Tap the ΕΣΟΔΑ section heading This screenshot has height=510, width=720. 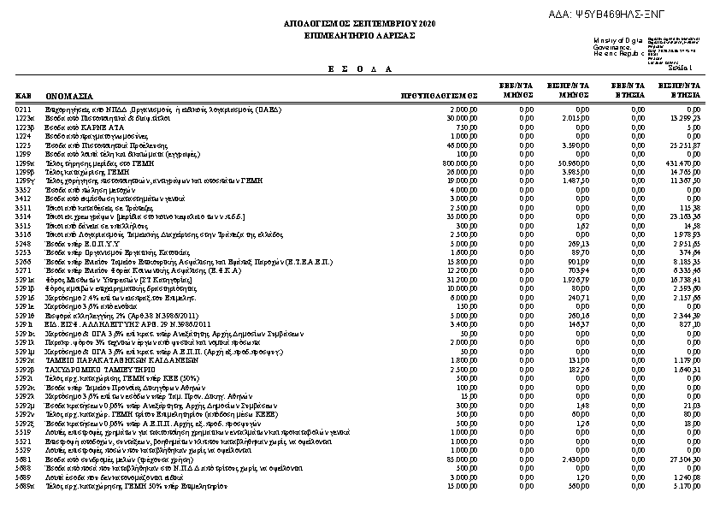(x=359, y=68)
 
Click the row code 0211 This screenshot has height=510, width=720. (x=23, y=110)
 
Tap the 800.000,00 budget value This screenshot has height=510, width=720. (x=460, y=162)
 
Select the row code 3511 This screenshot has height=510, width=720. (x=23, y=207)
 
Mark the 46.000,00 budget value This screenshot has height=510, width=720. (x=462, y=145)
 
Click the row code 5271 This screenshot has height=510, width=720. (x=23, y=270)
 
